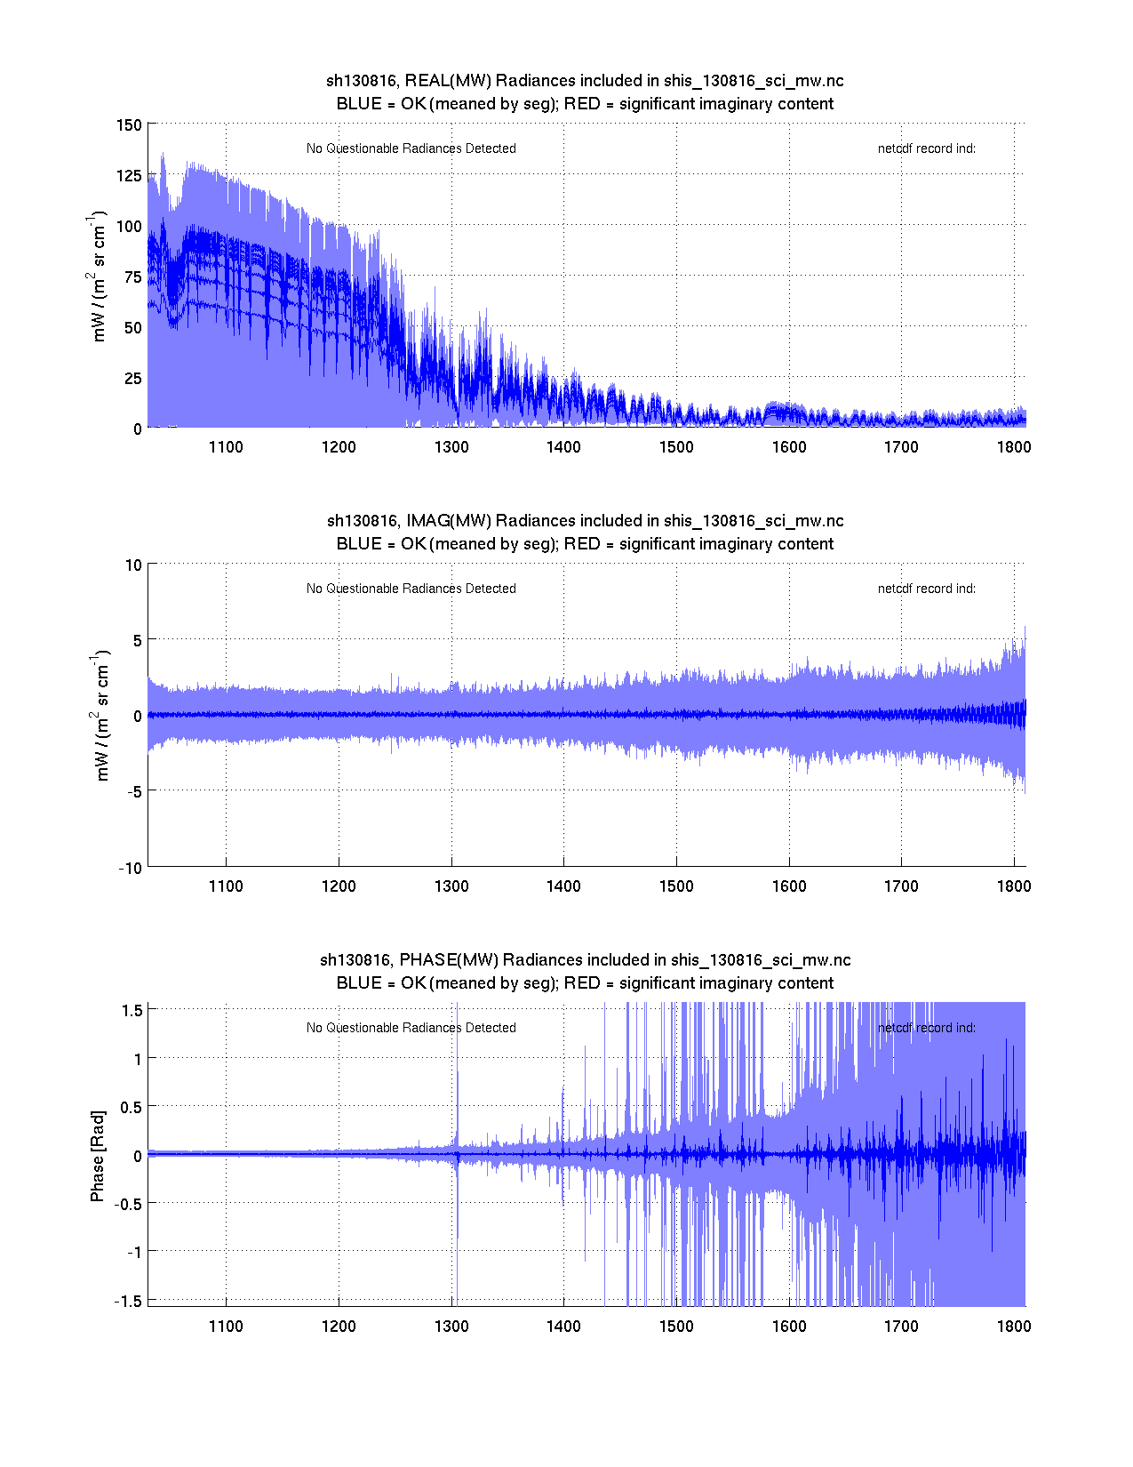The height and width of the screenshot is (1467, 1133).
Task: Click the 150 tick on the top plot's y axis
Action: point(129,124)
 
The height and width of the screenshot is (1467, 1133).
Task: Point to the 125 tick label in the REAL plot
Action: point(129,175)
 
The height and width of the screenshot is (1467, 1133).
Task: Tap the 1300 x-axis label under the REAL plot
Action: point(451,447)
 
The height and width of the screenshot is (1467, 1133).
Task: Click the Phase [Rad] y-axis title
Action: point(98,1156)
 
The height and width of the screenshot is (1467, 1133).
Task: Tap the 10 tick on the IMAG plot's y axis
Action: point(133,565)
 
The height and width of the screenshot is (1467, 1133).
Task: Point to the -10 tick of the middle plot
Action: point(130,869)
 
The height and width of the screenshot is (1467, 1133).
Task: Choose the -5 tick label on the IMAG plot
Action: point(133,791)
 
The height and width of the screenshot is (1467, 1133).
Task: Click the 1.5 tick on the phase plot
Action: point(132,1010)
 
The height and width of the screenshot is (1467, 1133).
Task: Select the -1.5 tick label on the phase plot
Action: point(129,1301)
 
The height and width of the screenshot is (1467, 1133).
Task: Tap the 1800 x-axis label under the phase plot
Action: point(1014,1327)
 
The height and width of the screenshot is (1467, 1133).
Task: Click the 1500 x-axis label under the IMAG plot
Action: point(676,886)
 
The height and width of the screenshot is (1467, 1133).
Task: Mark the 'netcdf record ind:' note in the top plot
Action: point(926,148)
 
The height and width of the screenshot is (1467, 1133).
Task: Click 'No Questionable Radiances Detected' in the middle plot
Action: point(411,589)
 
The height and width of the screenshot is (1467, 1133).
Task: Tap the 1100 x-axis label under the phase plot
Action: point(226,1327)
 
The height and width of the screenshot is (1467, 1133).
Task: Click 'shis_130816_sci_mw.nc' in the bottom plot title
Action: point(761,960)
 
